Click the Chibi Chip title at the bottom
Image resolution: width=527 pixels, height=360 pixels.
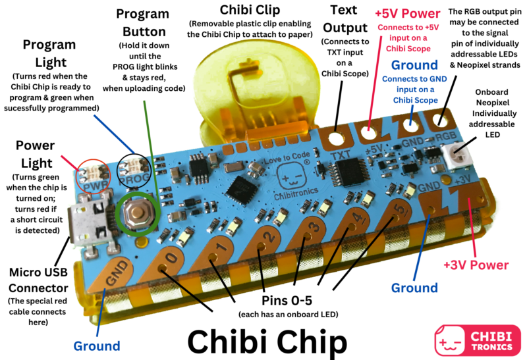267,342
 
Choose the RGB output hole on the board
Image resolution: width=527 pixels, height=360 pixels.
439,120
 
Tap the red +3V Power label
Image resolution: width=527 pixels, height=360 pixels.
476,265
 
